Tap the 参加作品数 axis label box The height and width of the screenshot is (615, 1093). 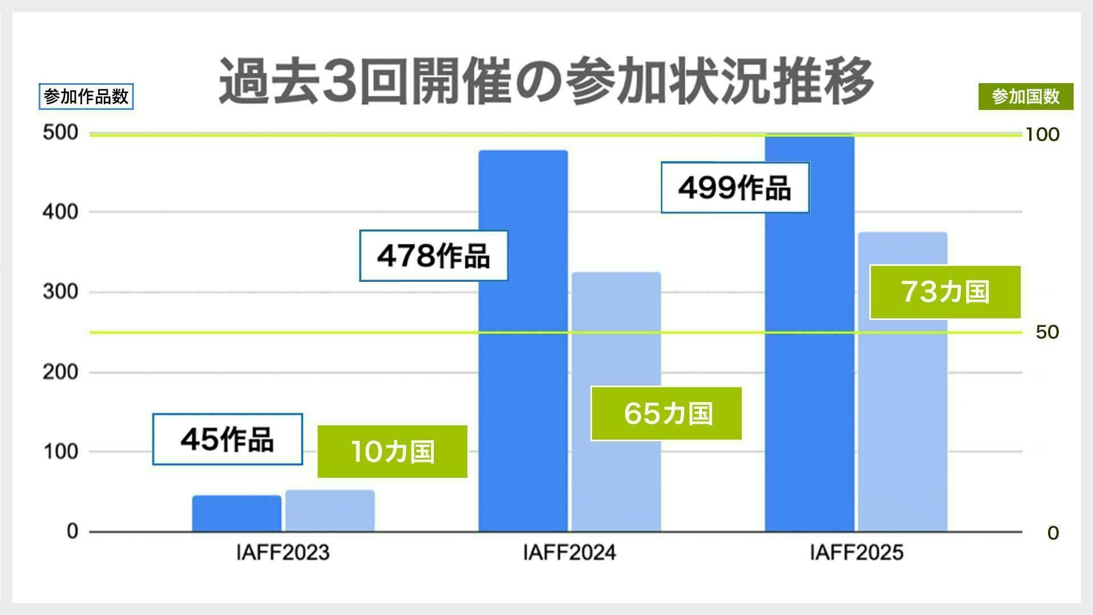tap(86, 97)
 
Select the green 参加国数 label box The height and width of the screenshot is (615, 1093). tap(1025, 97)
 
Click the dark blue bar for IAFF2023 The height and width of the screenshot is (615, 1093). tap(236, 513)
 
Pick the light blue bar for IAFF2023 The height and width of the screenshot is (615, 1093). tap(330, 511)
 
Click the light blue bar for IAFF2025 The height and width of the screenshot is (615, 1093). tap(902, 427)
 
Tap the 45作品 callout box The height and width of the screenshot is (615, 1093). tap(227, 439)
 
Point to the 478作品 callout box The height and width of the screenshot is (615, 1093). tap(433, 256)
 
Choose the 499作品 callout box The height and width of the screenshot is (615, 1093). tap(734, 187)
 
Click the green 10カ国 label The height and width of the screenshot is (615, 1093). tap(392, 452)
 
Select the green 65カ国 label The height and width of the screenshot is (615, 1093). tap(667, 413)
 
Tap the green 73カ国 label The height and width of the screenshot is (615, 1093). tap(945, 292)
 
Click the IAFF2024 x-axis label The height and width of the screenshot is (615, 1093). tap(569, 552)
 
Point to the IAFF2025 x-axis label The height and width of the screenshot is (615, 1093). tap(856, 552)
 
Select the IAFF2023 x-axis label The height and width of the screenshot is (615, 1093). tap(283, 552)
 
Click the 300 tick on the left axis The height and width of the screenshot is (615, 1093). tap(60, 292)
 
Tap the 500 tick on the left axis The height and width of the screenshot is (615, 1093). tap(60, 133)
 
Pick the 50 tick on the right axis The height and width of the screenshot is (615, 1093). tap(1047, 332)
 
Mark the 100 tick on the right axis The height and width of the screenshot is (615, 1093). tap(1042, 134)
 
